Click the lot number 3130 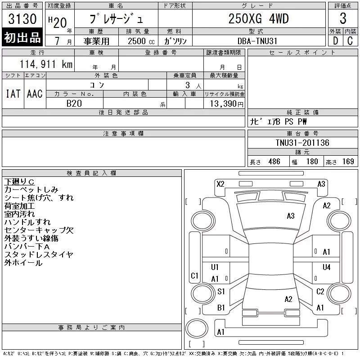[22, 18]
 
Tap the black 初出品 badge [22, 37]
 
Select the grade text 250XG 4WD [258, 18]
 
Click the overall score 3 [343, 18]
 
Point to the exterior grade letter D [335, 41]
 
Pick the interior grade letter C [350, 41]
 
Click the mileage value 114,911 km [46, 64]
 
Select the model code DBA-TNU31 [257, 41]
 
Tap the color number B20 [74, 103]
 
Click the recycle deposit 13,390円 [226, 104]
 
